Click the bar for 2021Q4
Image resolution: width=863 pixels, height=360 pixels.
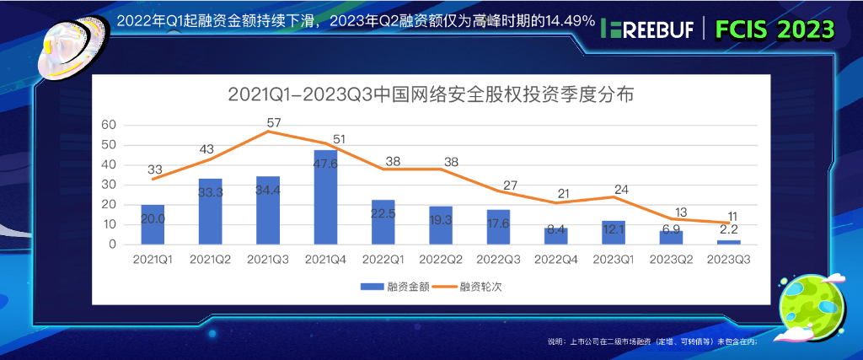click(x=326, y=197)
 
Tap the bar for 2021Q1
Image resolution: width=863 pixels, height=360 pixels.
click(x=153, y=224)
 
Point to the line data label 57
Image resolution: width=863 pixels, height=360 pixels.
click(x=273, y=123)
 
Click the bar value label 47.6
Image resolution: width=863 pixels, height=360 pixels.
click(x=326, y=165)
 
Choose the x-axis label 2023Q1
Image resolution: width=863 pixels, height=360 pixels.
click(x=614, y=260)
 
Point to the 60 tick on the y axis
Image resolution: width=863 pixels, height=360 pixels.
click(x=108, y=124)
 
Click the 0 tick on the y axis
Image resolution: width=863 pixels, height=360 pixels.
click(x=111, y=244)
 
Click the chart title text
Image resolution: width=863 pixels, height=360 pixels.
click(x=431, y=94)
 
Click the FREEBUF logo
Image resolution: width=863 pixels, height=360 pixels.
click(x=647, y=30)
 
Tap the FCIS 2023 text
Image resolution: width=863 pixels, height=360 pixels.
click(x=775, y=30)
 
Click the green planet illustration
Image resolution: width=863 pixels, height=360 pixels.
click(x=810, y=303)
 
